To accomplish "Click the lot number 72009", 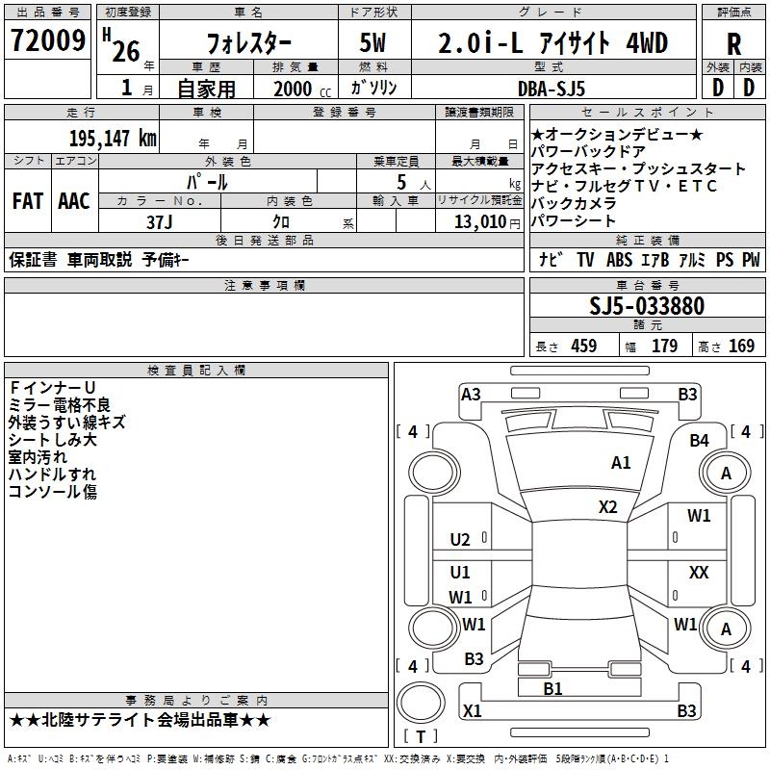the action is coord(47,42).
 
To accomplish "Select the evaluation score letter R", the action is coord(734,44).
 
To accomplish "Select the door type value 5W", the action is coord(372,44).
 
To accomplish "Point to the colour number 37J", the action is coord(159,222).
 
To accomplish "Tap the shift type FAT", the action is coord(27,200).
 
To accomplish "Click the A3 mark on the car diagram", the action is coord(471,394).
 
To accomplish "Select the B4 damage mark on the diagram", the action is coord(699,440).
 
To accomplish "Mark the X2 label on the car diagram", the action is coord(607,506).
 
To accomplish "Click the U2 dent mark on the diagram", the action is coord(460,539).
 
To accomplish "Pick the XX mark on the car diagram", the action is coord(699,573).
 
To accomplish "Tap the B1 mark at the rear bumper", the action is coord(552,688).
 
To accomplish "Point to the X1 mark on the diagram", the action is coord(472,711).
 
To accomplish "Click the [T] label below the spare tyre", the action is coord(420,737).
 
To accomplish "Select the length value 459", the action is coord(584,346).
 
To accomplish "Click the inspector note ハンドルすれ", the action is coord(52,474).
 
